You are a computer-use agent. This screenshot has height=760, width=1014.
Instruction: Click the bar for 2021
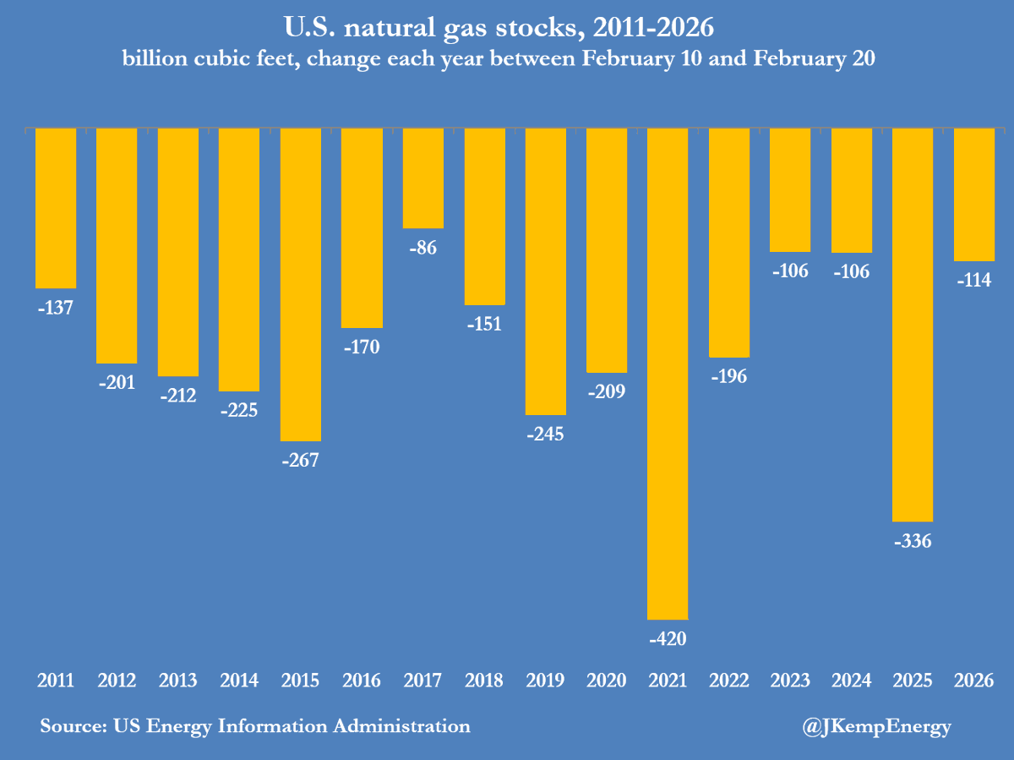click(668, 374)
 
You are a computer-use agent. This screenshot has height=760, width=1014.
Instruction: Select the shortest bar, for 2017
click(422, 178)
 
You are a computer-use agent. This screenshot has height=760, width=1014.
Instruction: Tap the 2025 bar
click(913, 325)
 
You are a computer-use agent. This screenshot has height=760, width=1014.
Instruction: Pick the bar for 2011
click(56, 208)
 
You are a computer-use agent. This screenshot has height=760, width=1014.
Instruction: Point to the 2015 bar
click(301, 284)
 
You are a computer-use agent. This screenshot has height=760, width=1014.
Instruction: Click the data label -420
click(668, 639)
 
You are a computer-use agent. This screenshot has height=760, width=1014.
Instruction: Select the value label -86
click(422, 249)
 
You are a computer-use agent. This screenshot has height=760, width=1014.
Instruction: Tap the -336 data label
click(913, 541)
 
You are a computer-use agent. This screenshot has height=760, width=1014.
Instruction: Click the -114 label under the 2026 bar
click(973, 282)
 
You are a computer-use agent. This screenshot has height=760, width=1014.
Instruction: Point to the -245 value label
click(545, 435)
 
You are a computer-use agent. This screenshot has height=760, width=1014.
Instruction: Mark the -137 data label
click(56, 309)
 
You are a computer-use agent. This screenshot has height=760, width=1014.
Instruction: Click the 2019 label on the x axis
click(545, 681)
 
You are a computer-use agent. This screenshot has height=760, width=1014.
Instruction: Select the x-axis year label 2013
click(178, 681)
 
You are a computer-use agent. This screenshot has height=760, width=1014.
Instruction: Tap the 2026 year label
click(973, 681)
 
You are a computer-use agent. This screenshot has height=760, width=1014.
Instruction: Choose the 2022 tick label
click(728, 681)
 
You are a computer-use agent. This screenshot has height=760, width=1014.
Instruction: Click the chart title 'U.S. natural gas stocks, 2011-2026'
click(507, 28)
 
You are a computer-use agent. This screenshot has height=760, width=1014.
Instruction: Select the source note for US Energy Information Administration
click(255, 726)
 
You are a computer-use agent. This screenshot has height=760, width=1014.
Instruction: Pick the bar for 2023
click(790, 190)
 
